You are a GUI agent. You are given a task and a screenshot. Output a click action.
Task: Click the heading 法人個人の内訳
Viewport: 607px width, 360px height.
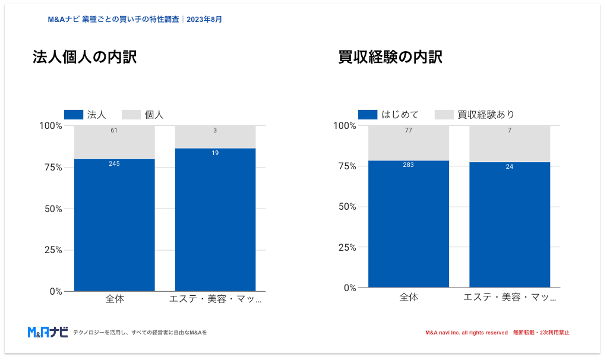84,58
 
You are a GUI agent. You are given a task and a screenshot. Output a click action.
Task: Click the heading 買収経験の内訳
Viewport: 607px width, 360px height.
390,58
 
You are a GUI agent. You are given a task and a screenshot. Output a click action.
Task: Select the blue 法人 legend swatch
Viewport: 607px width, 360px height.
73,115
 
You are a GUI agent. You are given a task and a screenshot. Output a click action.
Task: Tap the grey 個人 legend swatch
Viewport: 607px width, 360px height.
131,115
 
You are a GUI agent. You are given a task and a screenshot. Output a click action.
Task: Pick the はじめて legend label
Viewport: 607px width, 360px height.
400,115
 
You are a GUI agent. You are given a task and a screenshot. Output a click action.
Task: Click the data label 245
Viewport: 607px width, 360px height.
114,163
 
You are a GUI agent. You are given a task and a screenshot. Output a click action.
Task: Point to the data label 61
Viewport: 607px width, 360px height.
114,130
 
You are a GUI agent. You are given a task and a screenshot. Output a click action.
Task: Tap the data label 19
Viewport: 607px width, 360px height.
215,153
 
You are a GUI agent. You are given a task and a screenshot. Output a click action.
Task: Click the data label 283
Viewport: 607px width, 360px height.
408,165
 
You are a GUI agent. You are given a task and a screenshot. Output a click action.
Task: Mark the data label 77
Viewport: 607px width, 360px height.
408,130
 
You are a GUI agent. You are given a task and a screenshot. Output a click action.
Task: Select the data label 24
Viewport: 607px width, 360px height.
510,166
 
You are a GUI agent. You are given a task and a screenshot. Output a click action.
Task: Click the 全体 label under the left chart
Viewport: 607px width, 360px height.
115,299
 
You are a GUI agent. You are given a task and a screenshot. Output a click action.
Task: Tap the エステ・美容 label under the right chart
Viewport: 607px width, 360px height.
510,296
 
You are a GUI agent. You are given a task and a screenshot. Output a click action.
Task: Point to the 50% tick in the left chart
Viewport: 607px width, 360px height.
50,209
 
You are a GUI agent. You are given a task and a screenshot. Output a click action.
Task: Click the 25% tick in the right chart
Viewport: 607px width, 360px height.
344,247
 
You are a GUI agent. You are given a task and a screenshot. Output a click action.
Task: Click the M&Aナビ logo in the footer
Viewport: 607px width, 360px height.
48,332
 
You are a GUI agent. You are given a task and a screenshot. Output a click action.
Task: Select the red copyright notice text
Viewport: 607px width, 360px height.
497,333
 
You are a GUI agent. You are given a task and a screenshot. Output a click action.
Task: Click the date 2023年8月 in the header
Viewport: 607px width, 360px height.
204,19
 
